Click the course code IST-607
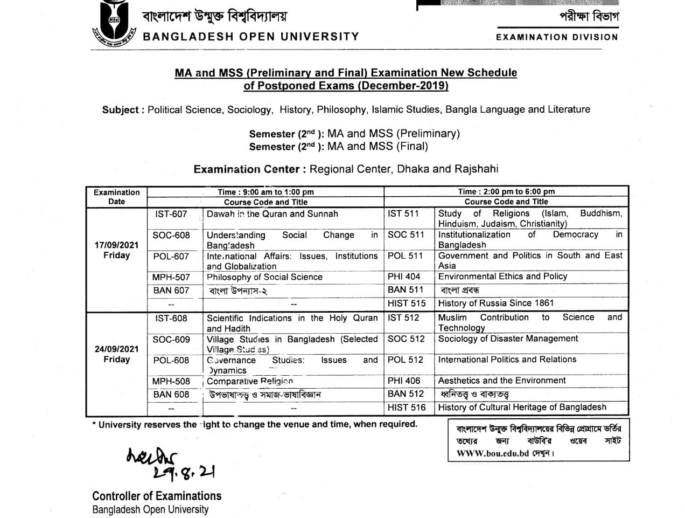click(x=171, y=214)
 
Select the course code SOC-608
click(x=171, y=235)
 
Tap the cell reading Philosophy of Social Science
click(x=264, y=277)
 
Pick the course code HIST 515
click(x=407, y=303)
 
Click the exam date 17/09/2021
click(x=116, y=245)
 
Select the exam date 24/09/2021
click(x=116, y=349)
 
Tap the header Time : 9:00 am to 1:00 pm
click(x=265, y=192)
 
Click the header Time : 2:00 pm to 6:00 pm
click(x=506, y=191)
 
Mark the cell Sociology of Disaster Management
click(x=508, y=339)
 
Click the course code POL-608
click(x=171, y=360)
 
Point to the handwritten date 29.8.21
click(x=184, y=473)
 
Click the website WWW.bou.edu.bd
click(x=493, y=453)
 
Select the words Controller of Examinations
click(x=157, y=496)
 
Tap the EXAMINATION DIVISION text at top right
click(x=557, y=37)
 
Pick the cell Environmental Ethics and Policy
click(x=502, y=277)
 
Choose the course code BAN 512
click(x=406, y=394)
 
